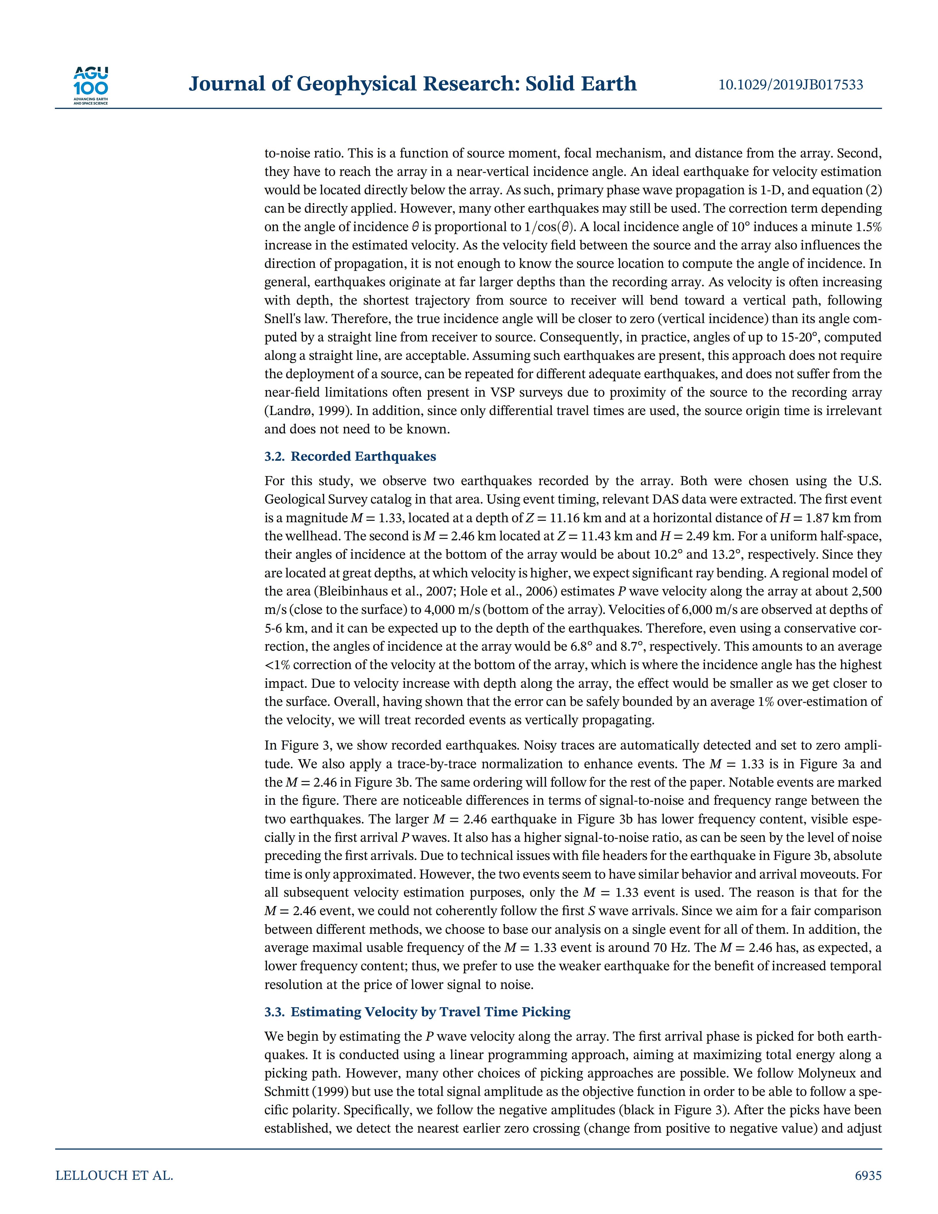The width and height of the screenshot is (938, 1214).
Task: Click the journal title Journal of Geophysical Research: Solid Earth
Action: [x=412, y=84]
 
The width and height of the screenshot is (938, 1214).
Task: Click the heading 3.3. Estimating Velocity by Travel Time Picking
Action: [x=417, y=1012]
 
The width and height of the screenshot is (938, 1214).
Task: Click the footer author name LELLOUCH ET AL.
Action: [x=114, y=1176]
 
